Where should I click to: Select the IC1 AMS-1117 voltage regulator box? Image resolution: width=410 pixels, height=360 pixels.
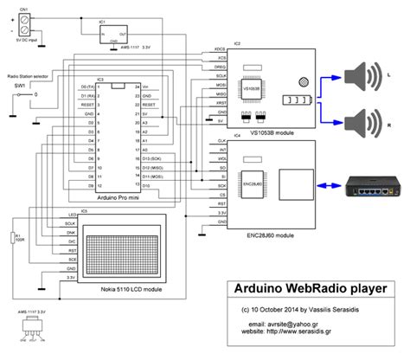(x=112, y=34)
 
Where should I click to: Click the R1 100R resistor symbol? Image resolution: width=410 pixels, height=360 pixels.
(x=15, y=238)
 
